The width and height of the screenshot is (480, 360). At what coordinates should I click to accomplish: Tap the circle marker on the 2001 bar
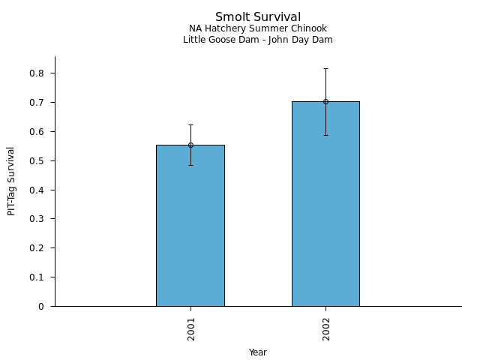pyautogui.click(x=190, y=145)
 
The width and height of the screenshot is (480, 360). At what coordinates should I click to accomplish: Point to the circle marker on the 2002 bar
pyautogui.click(x=325, y=101)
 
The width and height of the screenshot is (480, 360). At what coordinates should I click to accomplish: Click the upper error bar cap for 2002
pyautogui.click(x=325, y=68)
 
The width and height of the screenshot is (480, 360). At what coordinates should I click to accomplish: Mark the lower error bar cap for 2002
pyautogui.click(x=325, y=135)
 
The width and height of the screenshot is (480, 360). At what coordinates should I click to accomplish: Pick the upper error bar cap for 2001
pyautogui.click(x=190, y=124)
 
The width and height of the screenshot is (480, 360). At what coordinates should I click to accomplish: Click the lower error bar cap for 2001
pyautogui.click(x=190, y=165)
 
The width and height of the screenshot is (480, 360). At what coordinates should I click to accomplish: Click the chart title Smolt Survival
pyautogui.click(x=258, y=17)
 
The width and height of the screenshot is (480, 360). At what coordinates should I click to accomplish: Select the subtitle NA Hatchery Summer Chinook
pyautogui.click(x=258, y=29)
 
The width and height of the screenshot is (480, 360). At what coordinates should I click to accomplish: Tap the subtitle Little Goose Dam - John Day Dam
pyautogui.click(x=258, y=40)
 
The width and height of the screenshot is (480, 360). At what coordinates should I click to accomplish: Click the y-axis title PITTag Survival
pyautogui.click(x=11, y=181)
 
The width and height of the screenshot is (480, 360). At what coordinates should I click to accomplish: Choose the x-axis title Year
pyautogui.click(x=258, y=352)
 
